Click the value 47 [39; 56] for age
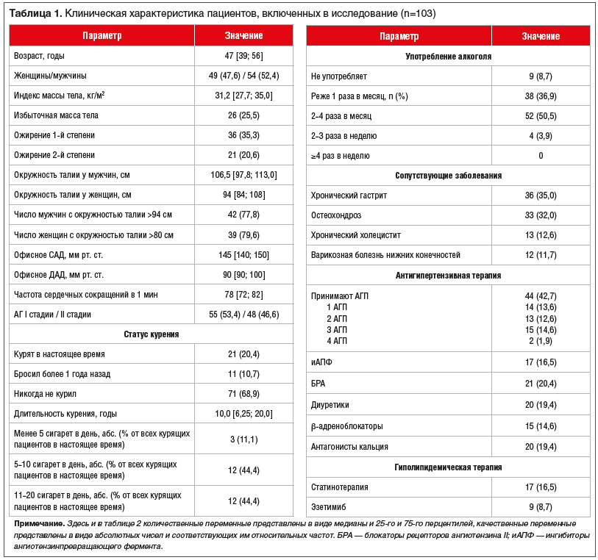(x=243, y=56)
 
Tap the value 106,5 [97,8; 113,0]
(x=243, y=175)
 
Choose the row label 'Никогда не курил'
(x=45, y=394)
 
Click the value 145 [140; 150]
(x=243, y=254)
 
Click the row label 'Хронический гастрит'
(x=349, y=195)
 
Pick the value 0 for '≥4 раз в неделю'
(x=541, y=156)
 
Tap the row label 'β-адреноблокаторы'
(x=346, y=426)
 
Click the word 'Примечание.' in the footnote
(x=38, y=523)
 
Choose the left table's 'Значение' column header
(x=243, y=35)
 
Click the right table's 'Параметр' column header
(x=399, y=36)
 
